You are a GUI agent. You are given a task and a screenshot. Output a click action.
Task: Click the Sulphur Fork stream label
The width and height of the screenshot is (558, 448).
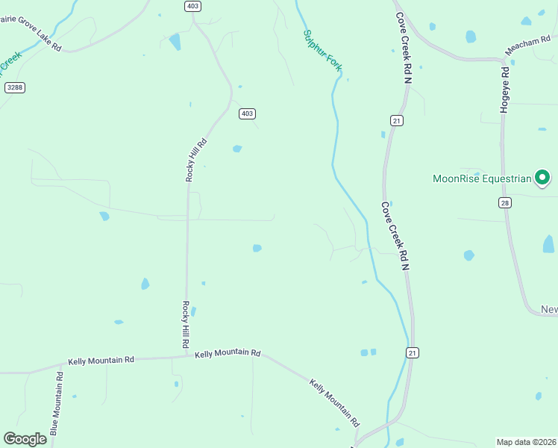(323, 51)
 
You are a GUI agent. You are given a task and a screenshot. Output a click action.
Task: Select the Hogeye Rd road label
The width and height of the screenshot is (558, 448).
(505, 90)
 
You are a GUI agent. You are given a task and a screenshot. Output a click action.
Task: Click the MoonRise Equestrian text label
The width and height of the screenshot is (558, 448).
(482, 178)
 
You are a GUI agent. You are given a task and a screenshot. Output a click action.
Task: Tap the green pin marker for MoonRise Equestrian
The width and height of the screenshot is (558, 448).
(543, 178)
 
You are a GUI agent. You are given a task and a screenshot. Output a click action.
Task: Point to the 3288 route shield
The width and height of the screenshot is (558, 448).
(14, 87)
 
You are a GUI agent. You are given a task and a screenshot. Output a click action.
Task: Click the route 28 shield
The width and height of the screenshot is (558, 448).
(505, 202)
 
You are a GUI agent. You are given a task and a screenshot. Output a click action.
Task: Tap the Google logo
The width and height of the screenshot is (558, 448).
(25, 439)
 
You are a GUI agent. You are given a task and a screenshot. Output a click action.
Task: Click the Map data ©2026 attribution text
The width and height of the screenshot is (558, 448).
(526, 442)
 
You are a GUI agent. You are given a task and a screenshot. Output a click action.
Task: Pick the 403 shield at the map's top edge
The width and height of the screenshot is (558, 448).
(192, 5)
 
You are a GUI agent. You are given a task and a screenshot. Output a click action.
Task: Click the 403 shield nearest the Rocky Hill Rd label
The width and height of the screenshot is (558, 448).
(247, 113)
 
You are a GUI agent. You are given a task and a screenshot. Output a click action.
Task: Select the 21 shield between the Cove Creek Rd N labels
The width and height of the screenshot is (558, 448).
(396, 120)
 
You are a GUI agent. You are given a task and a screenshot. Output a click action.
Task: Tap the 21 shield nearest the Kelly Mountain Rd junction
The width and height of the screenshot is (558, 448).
(412, 352)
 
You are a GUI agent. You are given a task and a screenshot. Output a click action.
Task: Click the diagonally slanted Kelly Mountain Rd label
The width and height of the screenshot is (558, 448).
(334, 402)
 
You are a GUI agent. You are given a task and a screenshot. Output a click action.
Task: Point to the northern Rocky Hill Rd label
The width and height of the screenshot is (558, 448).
(195, 160)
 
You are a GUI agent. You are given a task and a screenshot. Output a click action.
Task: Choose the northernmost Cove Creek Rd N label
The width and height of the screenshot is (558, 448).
(404, 47)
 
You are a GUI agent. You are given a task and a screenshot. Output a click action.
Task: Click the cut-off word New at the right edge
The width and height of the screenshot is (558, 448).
(549, 309)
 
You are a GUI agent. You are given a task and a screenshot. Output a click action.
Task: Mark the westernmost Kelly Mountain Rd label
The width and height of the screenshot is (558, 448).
(101, 361)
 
